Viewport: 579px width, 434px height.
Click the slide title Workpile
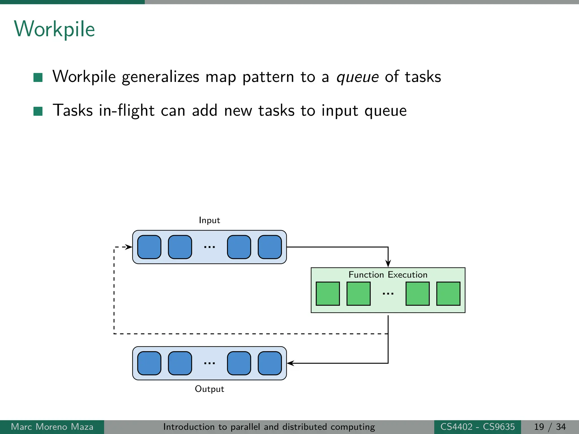(x=54, y=29)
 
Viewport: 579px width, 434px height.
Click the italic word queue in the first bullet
(x=357, y=77)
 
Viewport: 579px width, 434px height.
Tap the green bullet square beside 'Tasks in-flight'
(x=38, y=111)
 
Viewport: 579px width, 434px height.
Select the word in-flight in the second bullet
(x=126, y=110)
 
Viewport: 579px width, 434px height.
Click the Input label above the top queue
(x=209, y=220)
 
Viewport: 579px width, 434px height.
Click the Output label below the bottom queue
(x=209, y=389)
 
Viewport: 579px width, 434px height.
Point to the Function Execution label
(x=388, y=275)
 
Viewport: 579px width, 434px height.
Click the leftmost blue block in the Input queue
(x=149, y=247)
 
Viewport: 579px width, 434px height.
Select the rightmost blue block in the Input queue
(x=270, y=247)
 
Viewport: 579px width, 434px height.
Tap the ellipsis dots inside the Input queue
(x=209, y=247)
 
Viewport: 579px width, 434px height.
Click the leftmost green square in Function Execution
(x=328, y=294)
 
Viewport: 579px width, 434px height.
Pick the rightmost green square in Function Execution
(x=448, y=294)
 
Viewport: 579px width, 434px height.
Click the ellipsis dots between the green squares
(x=388, y=294)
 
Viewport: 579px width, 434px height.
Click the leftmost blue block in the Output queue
(x=149, y=363)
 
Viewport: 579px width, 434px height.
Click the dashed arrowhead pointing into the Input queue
(x=129, y=247)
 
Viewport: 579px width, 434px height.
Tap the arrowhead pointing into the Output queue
(x=290, y=363)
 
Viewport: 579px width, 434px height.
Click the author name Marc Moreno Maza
(x=52, y=427)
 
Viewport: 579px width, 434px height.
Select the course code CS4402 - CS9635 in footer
(x=478, y=427)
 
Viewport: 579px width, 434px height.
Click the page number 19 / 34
(x=550, y=427)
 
